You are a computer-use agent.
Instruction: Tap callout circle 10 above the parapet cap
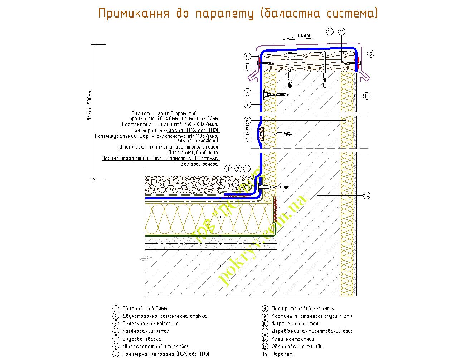tap(330, 32)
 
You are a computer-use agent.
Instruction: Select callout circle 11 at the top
tap(341, 32)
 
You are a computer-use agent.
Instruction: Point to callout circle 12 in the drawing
tap(370, 54)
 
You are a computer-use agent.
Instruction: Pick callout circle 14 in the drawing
tap(366, 195)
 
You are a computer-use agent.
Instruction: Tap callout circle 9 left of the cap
tap(247, 56)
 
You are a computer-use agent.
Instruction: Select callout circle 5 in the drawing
tap(247, 129)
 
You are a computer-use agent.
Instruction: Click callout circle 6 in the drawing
tap(247, 120)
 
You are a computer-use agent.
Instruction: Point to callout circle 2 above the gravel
tap(237, 169)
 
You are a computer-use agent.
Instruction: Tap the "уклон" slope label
tap(306, 36)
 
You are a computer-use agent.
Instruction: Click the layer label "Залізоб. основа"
tap(199, 164)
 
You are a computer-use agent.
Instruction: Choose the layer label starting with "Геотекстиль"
tap(170, 124)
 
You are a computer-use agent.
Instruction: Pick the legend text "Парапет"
tap(282, 354)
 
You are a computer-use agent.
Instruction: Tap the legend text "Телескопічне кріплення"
tap(150, 323)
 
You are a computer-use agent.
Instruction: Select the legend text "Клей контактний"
tap(293, 339)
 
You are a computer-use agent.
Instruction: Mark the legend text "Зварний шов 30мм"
tap(145, 308)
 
